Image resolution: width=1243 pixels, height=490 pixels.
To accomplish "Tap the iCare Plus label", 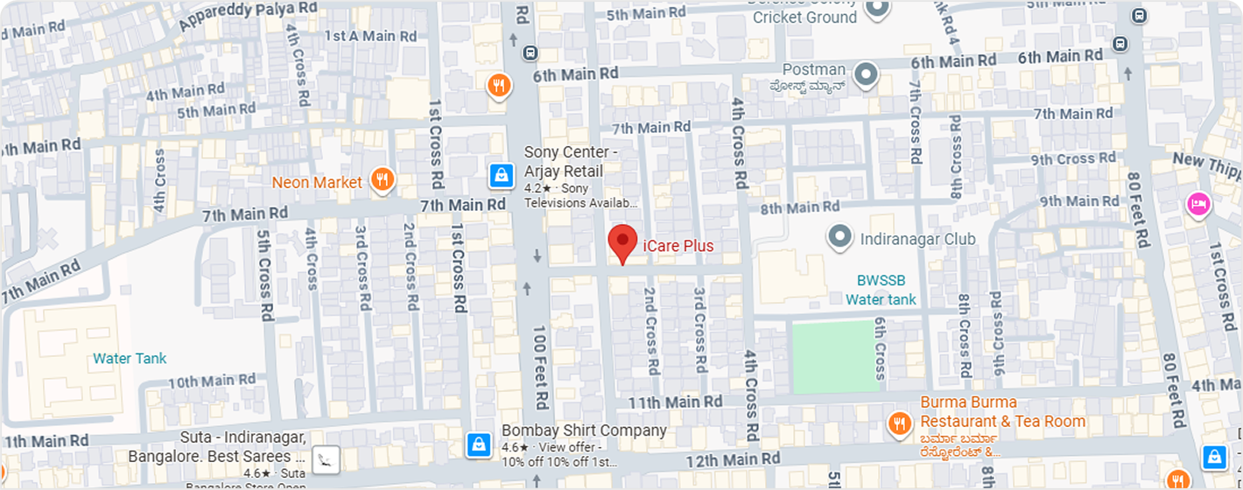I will point(678,246).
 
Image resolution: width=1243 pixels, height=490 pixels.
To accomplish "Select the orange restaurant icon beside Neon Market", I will point(382,181).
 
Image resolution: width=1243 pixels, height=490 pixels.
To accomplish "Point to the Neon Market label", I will point(317,183).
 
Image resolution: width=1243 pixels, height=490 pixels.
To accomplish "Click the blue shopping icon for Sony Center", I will point(501,176).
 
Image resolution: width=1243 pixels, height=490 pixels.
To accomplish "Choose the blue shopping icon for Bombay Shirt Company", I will point(478,444).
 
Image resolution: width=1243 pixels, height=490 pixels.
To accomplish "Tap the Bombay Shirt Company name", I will point(584,430).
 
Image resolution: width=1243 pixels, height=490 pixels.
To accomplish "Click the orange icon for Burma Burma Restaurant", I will point(899,424).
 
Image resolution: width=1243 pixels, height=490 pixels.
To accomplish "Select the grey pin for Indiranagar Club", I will point(839,236).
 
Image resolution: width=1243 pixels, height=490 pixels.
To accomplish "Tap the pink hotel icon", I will point(1197,204).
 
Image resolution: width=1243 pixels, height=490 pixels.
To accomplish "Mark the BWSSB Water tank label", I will point(881,290).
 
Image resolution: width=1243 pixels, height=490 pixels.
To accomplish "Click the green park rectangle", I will point(833,355).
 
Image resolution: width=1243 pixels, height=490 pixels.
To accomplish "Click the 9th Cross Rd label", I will point(1073,158).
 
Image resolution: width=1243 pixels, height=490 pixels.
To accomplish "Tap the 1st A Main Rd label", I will point(370,36).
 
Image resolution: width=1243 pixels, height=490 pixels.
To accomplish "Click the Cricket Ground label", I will point(804,17).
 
